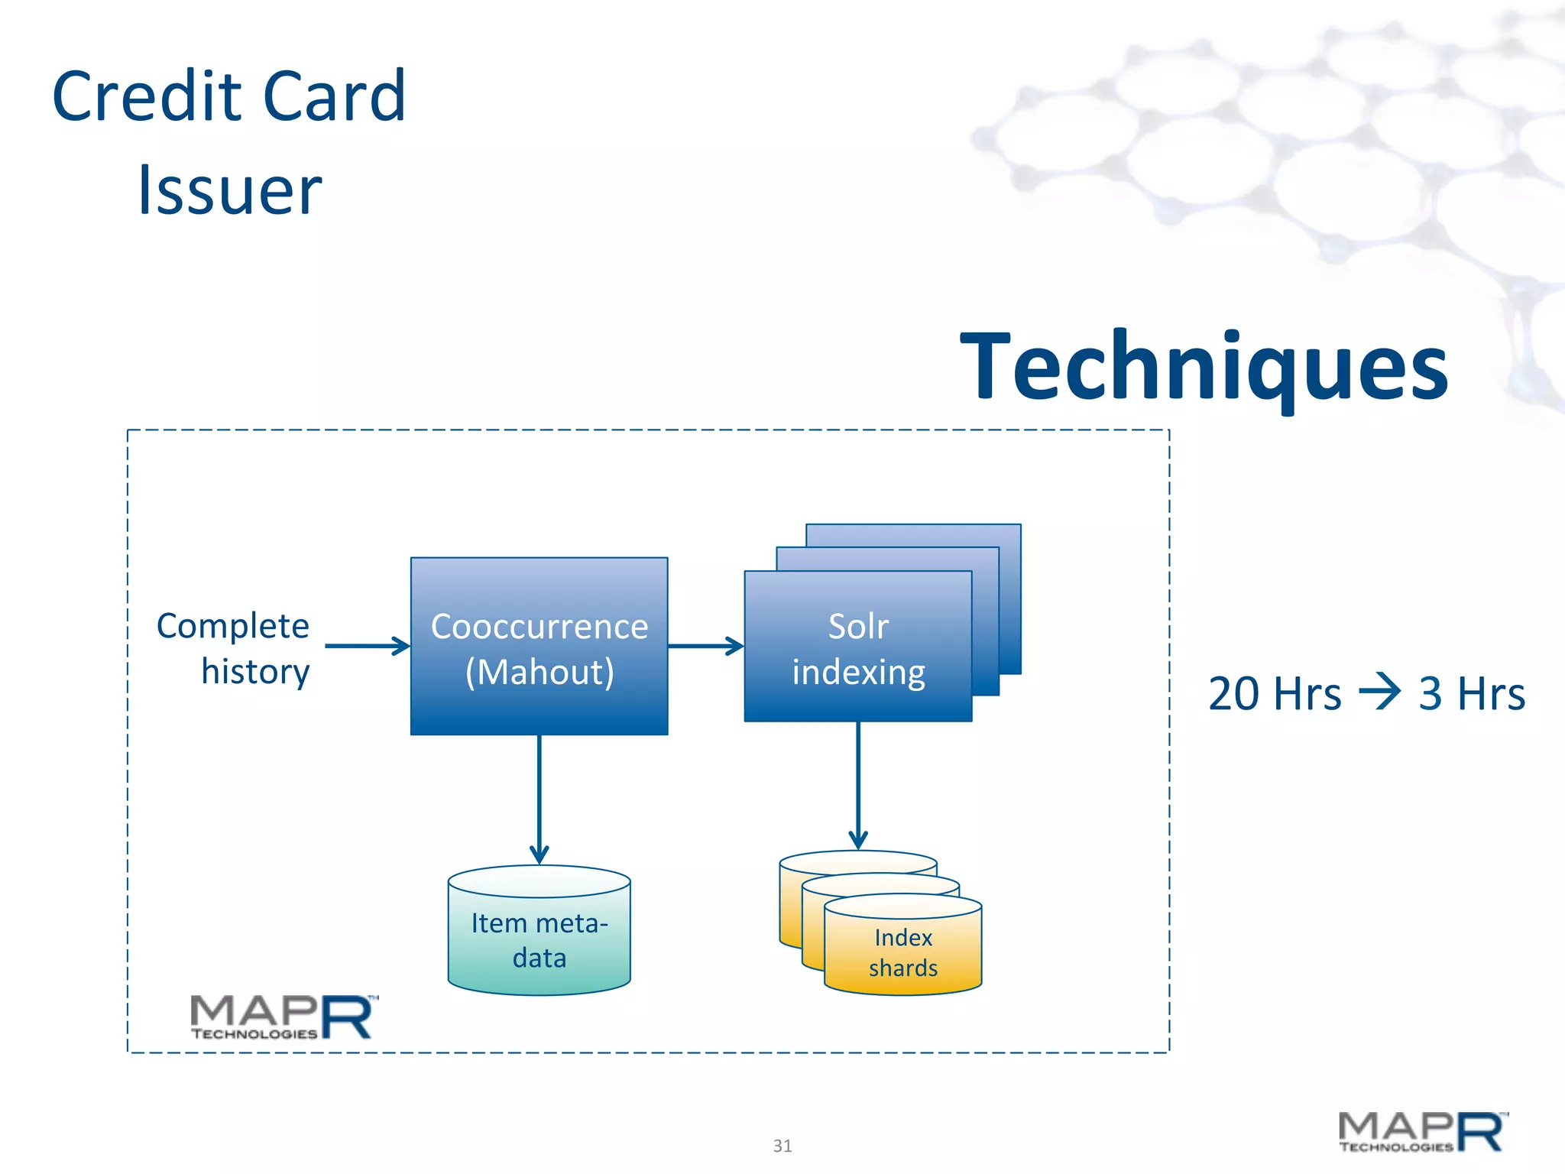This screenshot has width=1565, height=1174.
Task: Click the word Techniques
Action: click(1204, 367)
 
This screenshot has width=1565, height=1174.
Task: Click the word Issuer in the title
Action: click(229, 190)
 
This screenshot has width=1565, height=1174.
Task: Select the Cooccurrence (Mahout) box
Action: click(539, 647)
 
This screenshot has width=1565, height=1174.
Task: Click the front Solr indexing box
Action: click(857, 647)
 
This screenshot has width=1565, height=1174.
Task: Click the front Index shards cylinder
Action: click(902, 952)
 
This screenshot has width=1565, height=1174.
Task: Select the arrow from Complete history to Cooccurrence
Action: click(367, 646)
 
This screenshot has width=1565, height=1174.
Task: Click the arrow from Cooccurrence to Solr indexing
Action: click(705, 646)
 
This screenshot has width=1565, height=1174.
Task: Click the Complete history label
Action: click(234, 648)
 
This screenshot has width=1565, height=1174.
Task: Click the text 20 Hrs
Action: click(1274, 694)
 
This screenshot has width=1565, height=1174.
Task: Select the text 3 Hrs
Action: click(1471, 694)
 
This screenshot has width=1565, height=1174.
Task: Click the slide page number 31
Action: click(782, 1146)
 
